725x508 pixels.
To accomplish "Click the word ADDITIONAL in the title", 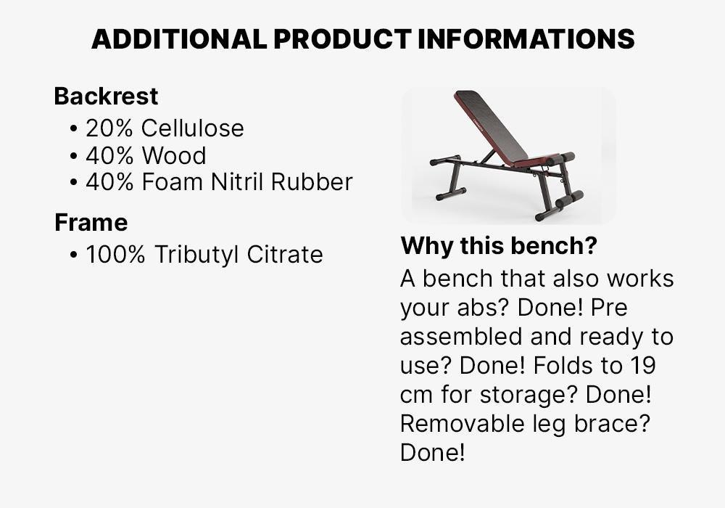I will pos(178,38).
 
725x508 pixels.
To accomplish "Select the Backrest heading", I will pos(106,96).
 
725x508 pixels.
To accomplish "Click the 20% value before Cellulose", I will pos(109,128).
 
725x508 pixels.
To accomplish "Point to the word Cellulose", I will pos(192,128).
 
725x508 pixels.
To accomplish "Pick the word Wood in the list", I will pos(174,155).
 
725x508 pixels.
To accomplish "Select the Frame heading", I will pos(91,222).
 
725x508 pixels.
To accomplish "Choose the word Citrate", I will pos(284,255).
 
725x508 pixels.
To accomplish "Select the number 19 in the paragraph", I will pos(642,365).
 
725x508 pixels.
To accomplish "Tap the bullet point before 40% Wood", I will pos(74,156).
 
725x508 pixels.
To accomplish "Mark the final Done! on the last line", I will pos(432,452).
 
